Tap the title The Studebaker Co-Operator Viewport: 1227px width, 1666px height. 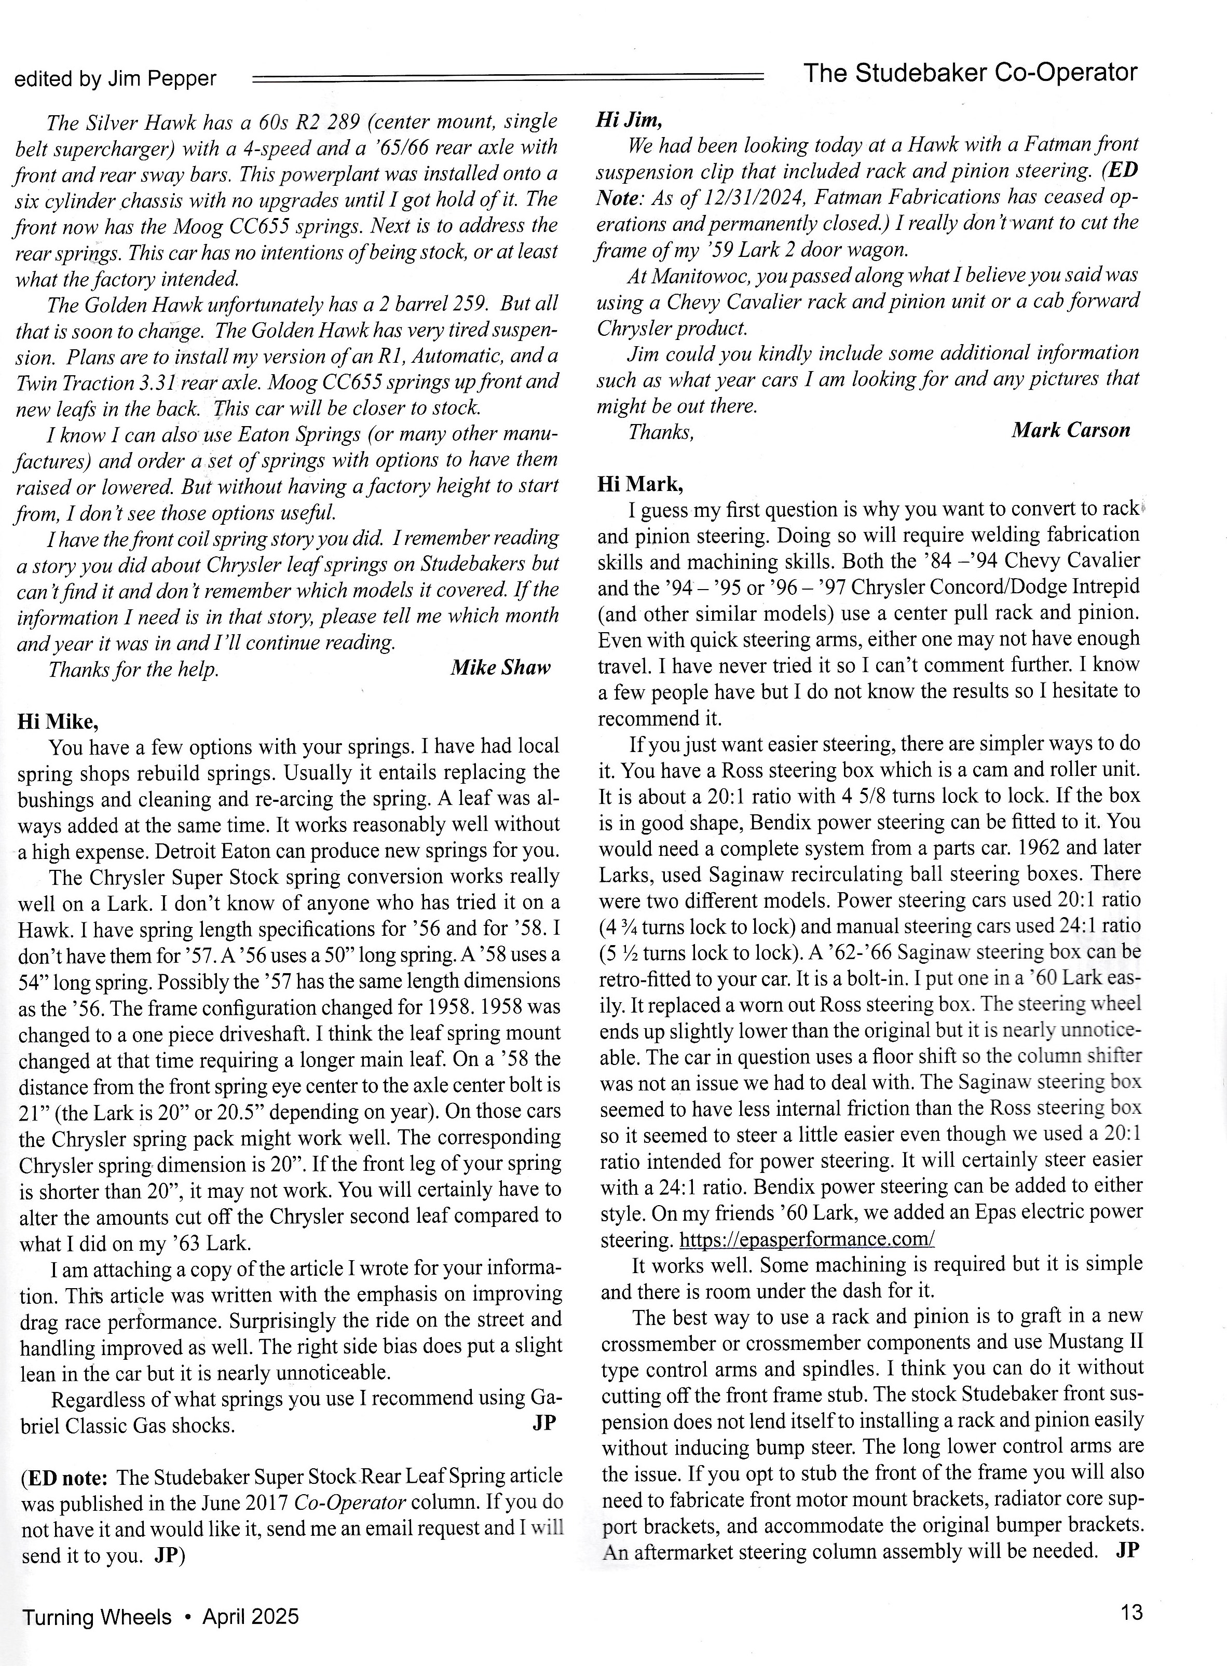pyautogui.click(x=971, y=73)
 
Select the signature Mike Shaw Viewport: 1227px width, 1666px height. pyautogui.click(x=500, y=668)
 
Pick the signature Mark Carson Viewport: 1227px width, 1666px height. pyautogui.click(x=1070, y=431)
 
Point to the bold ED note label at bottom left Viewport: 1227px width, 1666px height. pyautogui.click(x=65, y=1476)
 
